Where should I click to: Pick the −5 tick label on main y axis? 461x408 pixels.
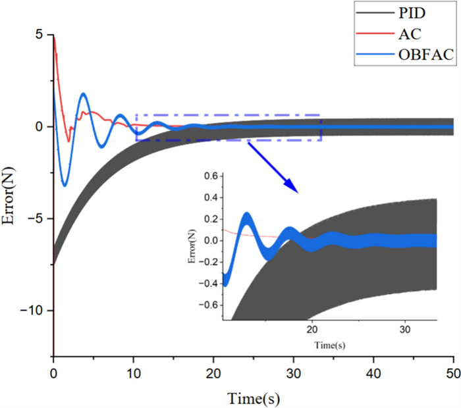[37, 218]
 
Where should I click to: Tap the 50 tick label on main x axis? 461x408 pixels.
[453, 372]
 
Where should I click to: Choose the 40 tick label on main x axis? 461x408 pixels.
[373, 372]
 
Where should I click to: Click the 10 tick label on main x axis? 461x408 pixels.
[134, 372]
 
